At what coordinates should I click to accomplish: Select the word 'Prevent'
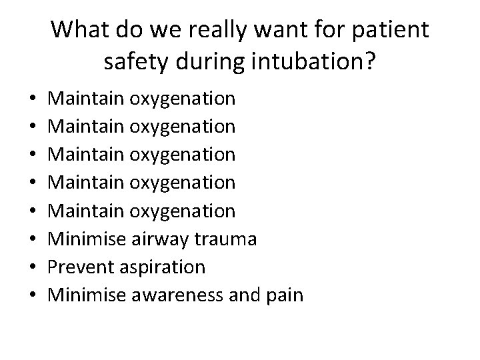coord(82,267)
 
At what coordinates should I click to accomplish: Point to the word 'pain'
coord(284,295)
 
